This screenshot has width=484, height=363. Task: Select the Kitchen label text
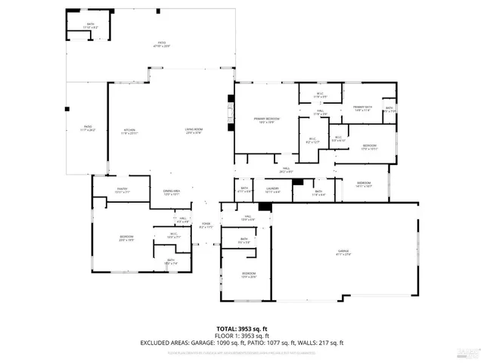(130, 132)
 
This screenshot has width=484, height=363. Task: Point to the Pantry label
(122, 191)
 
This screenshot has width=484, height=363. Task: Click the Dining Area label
(171, 192)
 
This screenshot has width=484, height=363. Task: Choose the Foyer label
(206, 225)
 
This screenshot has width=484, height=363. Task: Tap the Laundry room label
(272, 190)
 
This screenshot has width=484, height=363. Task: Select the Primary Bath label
(364, 108)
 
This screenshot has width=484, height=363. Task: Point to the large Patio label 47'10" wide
(162, 45)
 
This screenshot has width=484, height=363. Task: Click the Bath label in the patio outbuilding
(90, 26)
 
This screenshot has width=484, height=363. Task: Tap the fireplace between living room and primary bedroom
(230, 113)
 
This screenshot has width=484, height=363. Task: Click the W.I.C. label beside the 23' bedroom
(173, 235)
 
